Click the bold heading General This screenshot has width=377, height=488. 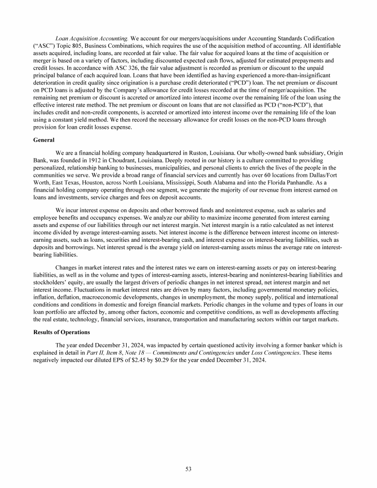44,140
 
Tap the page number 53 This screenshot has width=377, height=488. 188,469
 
